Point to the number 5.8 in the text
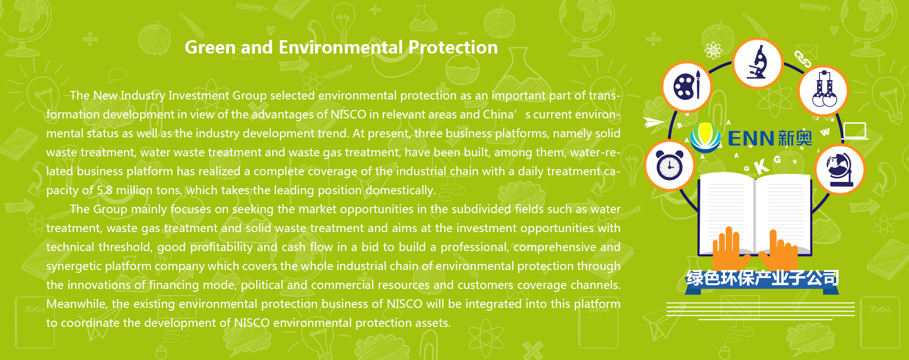[105, 190]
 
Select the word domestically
[401, 190]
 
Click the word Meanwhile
[78, 304]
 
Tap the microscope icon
[757, 63]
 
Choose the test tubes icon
[824, 90]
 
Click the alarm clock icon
[669, 166]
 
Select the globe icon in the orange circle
[840, 170]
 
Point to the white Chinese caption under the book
[762, 278]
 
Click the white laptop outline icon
[855, 131]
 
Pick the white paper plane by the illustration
[654, 123]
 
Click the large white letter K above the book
[761, 166]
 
